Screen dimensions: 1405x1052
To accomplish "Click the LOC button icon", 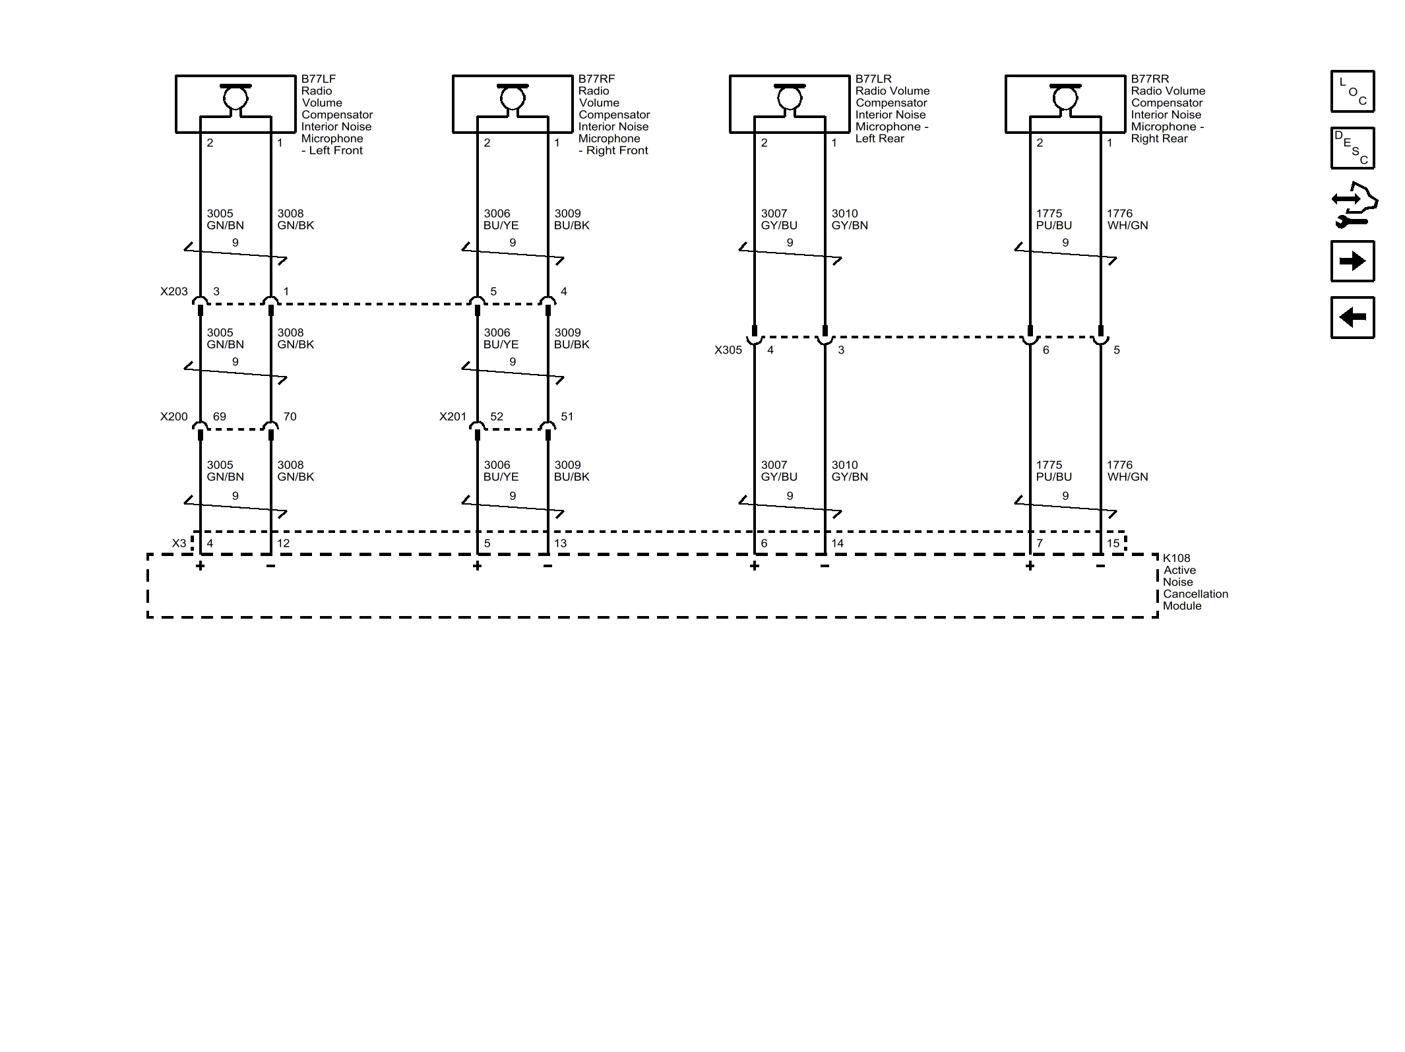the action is tap(1352, 91).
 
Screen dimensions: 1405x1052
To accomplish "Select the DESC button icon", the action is tap(1352, 148).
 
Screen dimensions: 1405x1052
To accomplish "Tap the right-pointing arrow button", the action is tap(1352, 261).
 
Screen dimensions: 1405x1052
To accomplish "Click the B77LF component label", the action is tap(319, 79).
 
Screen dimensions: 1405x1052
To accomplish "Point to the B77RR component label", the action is tap(1150, 79).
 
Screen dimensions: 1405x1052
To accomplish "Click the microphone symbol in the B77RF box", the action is tap(513, 98).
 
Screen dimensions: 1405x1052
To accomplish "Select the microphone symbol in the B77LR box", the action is tap(790, 98).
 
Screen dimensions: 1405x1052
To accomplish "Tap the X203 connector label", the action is tap(174, 292).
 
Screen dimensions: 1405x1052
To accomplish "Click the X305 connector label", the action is tap(728, 350).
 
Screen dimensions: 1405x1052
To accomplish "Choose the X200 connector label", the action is tap(174, 417).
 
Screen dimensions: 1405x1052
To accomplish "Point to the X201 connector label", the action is tap(453, 417).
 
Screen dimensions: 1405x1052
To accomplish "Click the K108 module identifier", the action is tap(1177, 558).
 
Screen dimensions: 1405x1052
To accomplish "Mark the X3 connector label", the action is tap(179, 543).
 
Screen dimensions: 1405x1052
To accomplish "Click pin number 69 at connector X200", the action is tap(220, 417).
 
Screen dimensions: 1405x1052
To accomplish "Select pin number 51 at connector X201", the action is tap(567, 417).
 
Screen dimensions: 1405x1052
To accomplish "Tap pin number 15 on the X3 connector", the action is tap(1113, 543).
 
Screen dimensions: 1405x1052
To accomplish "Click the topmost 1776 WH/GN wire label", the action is tap(1127, 220).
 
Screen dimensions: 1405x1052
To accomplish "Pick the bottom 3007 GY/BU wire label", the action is tap(779, 471).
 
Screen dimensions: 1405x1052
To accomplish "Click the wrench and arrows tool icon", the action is tap(1354, 204).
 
